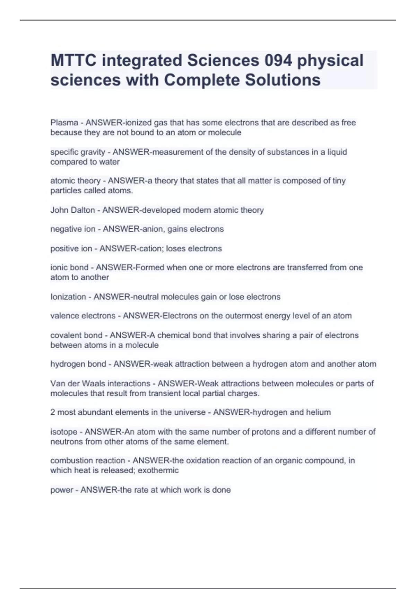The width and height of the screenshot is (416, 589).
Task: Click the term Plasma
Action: tap(64, 123)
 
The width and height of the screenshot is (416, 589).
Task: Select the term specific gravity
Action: tap(78, 152)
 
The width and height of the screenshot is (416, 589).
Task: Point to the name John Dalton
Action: tap(72, 210)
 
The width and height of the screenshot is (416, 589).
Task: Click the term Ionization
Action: tap(68, 297)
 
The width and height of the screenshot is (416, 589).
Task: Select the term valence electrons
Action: tap(83, 316)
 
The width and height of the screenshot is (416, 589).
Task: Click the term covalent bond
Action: tap(76, 335)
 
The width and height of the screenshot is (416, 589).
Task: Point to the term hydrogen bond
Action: tap(78, 364)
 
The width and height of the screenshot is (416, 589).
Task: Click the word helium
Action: tap(318, 412)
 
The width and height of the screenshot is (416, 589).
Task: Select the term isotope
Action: tap(64, 432)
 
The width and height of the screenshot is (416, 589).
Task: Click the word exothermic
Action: tap(158, 470)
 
